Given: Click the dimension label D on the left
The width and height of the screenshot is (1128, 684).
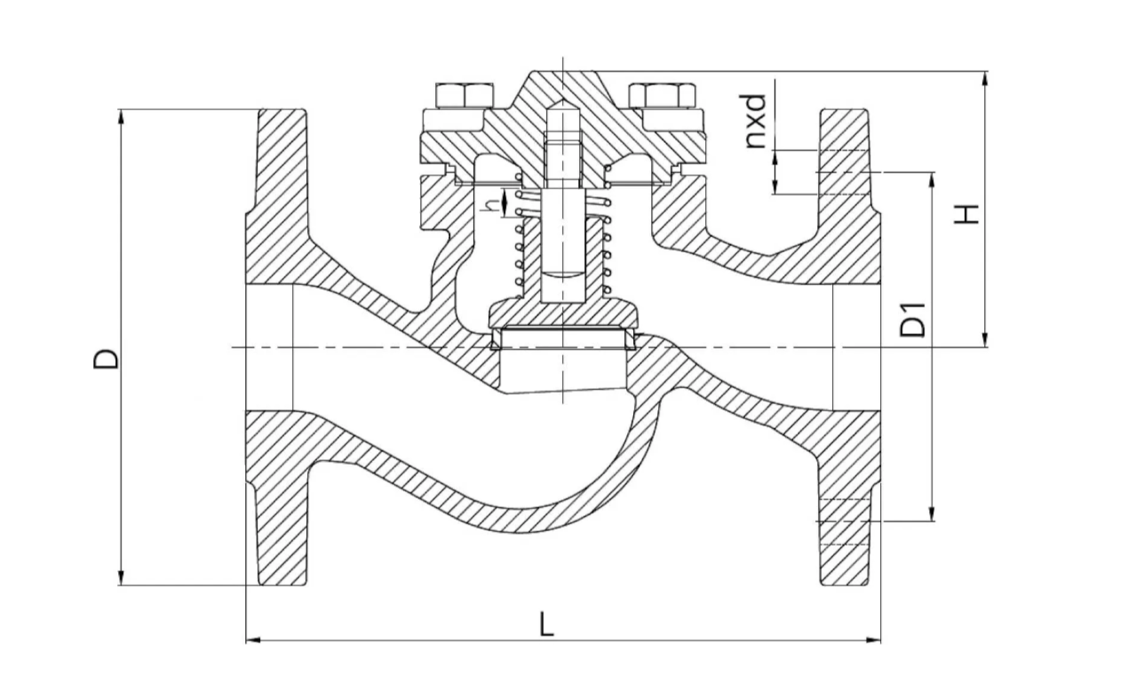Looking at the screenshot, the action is pos(107,359).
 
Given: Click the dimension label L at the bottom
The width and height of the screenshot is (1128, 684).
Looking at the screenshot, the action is pos(547,624).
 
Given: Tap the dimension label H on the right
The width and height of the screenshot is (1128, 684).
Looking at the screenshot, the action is pos(966,213).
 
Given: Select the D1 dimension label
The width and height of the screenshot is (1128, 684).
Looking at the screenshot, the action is pos(913,320).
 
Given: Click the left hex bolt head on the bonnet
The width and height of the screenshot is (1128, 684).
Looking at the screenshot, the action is pos(465,96).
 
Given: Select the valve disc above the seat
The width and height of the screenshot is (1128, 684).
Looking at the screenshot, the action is pos(562,314).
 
